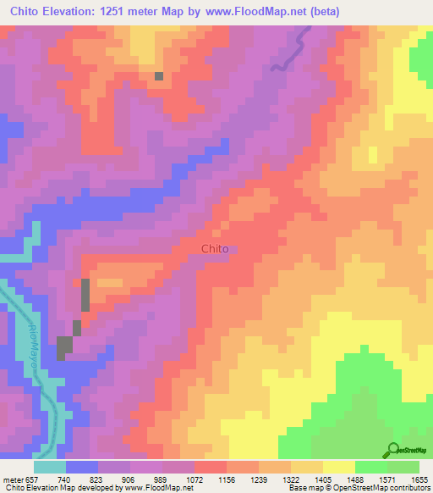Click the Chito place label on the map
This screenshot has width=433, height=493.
coord(215,249)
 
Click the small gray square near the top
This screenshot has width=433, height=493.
coord(158,76)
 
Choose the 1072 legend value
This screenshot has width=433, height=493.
coord(195,479)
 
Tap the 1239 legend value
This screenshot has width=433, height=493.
coord(260,479)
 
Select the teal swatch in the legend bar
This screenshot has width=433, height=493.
coord(50,467)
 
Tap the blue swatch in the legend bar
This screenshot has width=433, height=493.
coord(82,467)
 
